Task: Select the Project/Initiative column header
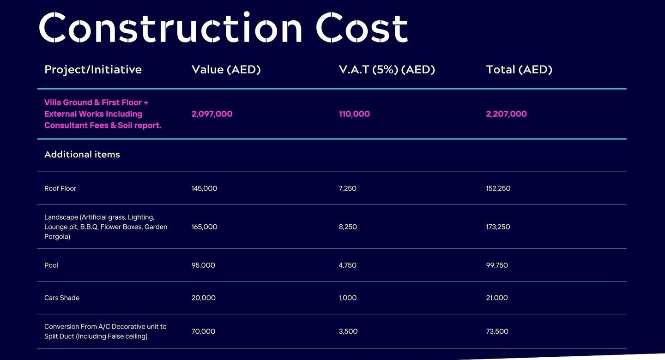click(93, 70)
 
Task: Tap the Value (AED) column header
click(226, 70)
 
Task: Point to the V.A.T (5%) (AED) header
click(387, 70)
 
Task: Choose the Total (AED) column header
click(519, 70)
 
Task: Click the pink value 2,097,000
click(212, 114)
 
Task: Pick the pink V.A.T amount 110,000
click(354, 114)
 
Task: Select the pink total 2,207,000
click(506, 114)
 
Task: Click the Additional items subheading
click(82, 155)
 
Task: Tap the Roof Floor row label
click(60, 188)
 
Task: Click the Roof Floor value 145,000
click(204, 188)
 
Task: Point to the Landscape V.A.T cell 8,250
click(348, 227)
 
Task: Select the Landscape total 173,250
click(498, 227)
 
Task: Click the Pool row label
click(51, 265)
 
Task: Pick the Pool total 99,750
click(497, 265)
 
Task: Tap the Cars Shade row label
click(62, 298)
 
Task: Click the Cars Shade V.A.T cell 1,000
click(347, 298)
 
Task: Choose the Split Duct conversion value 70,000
click(203, 331)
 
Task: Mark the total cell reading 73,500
click(497, 331)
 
